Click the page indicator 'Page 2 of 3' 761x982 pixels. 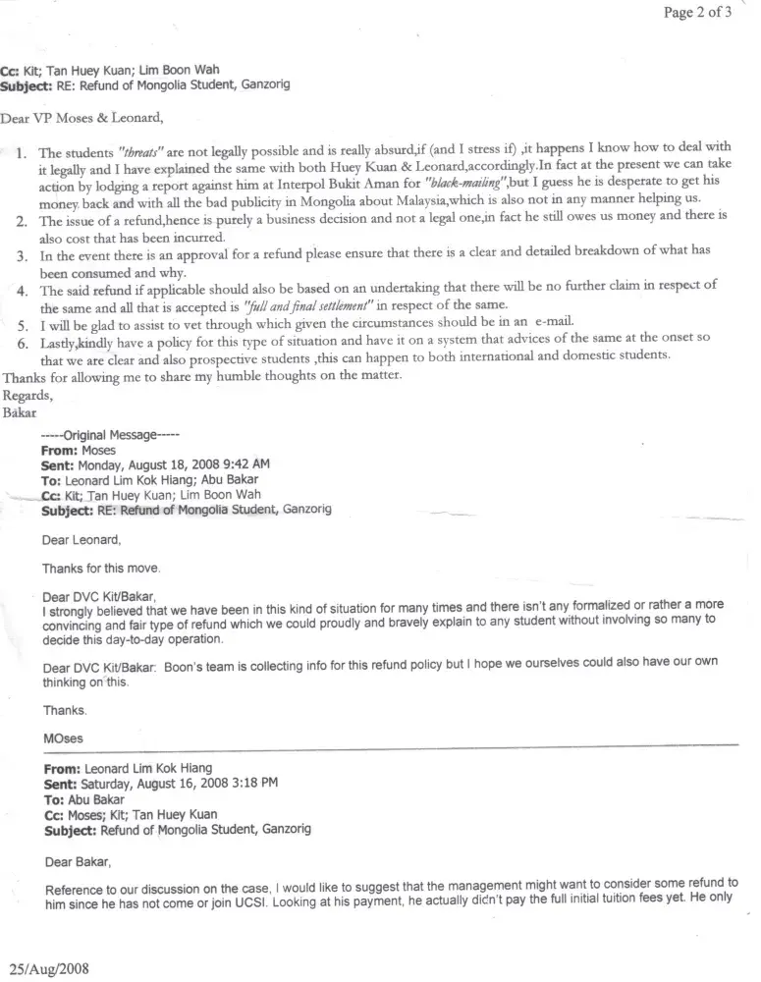697,14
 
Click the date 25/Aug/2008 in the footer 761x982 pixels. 50,967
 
